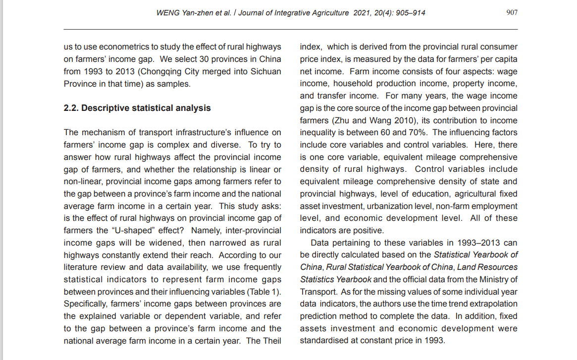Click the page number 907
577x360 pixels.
point(512,13)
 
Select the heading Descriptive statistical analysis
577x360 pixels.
point(146,108)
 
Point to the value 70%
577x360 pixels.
point(418,132)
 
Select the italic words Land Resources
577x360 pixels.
point(488,267)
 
